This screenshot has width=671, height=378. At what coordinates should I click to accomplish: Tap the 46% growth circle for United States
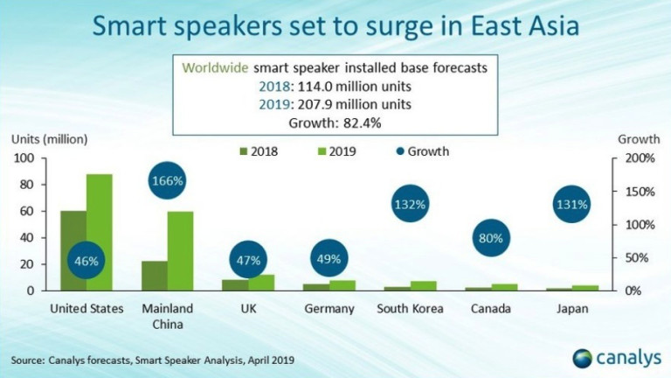point(86,262)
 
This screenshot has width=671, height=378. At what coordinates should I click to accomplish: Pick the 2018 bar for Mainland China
point(154,275)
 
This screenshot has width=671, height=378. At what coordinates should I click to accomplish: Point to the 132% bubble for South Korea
point(409,205)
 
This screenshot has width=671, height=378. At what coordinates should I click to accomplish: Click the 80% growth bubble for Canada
point(491,239)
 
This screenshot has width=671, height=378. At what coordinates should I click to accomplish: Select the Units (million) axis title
point(49,139)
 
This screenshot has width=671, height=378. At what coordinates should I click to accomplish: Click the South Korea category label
point(410,309)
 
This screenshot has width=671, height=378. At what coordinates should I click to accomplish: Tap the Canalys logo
point(613,357)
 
